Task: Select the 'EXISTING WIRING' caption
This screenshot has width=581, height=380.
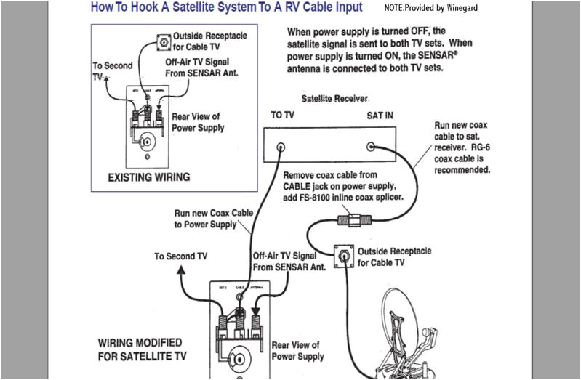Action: [x=148, y=177]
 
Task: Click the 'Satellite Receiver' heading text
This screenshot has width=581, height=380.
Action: [x=335, y=97]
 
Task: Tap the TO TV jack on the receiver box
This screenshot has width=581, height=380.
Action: [x=280, y=146]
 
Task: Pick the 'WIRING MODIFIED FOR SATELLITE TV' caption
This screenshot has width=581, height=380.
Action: [x=140, y=349]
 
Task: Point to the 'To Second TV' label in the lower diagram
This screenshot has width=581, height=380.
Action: [x=180, y=256]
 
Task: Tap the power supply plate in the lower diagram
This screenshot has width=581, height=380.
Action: [x=237, y=331]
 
